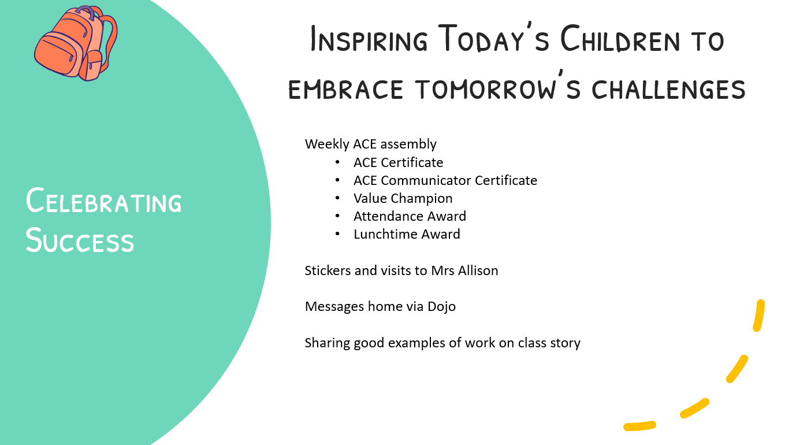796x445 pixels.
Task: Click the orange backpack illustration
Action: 76,43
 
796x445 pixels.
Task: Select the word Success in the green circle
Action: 80,240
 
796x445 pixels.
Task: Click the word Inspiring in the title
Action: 369,38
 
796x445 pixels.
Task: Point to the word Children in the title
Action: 620,38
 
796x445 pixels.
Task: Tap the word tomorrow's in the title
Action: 498,86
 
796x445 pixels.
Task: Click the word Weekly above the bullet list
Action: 327,144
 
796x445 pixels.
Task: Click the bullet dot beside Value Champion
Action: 337,198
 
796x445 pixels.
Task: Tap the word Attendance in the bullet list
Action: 388,216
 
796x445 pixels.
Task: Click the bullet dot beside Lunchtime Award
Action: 337,234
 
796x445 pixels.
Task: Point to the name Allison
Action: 478,270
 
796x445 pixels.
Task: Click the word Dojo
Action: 441,307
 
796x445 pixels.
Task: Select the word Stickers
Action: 328,270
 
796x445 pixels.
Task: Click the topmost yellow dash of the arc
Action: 759,316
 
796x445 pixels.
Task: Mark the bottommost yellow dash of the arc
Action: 639,426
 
